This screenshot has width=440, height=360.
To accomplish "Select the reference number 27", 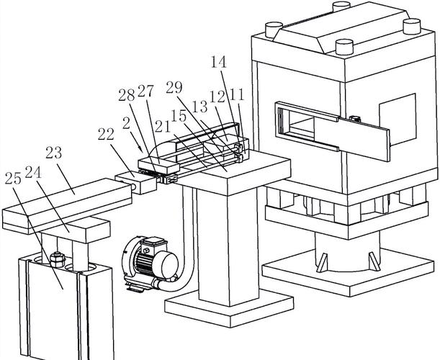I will tap(145, 91).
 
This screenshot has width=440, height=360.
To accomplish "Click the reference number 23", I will tap(54, 152).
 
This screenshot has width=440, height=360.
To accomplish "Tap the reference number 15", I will tap(179, 115).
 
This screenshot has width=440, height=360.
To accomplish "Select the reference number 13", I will tap(199, 106).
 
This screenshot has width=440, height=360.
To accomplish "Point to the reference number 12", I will tap(217, 96).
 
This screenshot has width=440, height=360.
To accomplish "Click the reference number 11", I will tap(237, 94).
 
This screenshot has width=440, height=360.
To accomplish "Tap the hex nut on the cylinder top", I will tap(58, 257).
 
